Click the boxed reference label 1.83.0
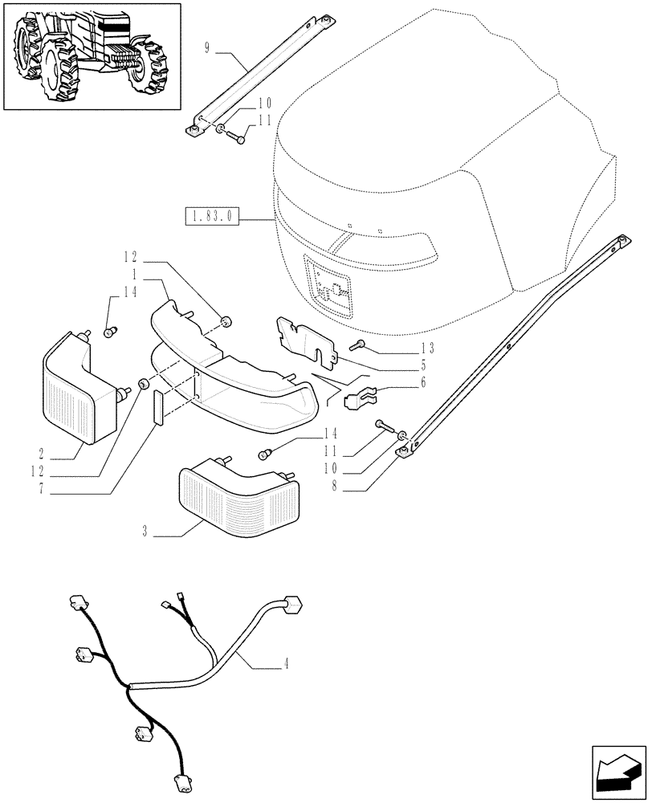click(x=213, y=217)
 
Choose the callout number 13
click(x=426, y=348)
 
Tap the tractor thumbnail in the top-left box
click(x=92, y=56)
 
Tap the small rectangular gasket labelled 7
click(x=158, y=407)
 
